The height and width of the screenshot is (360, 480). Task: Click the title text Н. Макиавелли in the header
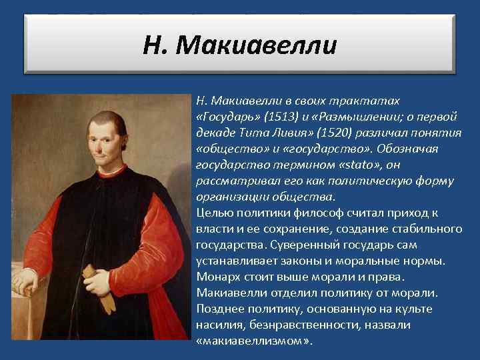point(240,47)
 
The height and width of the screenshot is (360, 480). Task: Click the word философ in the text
point(302,213)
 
